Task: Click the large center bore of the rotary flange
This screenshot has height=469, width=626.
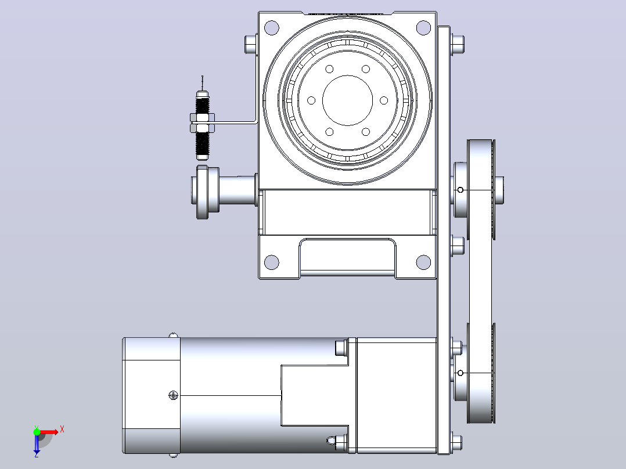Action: (x=347, y=100)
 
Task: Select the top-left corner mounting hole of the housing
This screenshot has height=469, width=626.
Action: (x=272, y=28)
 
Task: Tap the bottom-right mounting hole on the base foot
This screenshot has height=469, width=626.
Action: (x=423, y=262)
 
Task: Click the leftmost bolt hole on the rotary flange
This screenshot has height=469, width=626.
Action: (x=311, y=100)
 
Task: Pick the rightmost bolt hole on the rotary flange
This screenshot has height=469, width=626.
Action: (x=384, y=100)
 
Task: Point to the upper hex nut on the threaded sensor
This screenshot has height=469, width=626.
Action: (x=203, y=117)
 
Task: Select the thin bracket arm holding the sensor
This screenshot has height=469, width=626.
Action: (x=236, y=122)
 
